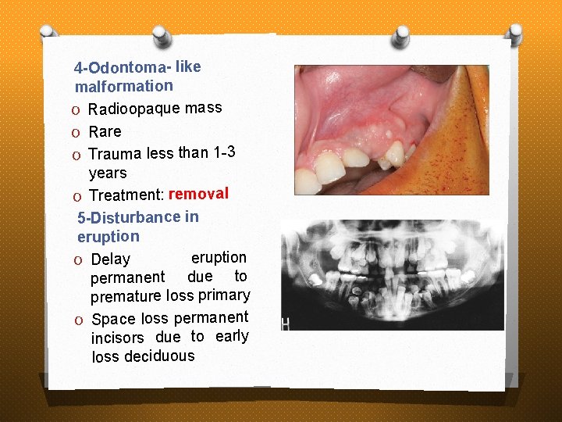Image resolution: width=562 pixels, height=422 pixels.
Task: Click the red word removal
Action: point(198,194)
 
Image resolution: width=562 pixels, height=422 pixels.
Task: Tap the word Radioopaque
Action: point(134,109)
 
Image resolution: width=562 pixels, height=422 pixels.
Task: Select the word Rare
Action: point(105,131)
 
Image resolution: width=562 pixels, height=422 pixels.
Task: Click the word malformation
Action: point(123,85)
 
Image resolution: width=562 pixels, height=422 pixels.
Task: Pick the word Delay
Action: point(110,259)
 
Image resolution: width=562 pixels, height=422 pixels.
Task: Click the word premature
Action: point(126,297)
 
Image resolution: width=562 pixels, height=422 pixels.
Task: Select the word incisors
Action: point(118,338)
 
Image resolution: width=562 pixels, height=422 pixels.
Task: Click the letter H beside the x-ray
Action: point(286,324)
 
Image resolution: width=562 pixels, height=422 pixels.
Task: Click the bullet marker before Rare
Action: point(79,132)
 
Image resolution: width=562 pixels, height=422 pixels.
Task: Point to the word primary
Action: point(224,295)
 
